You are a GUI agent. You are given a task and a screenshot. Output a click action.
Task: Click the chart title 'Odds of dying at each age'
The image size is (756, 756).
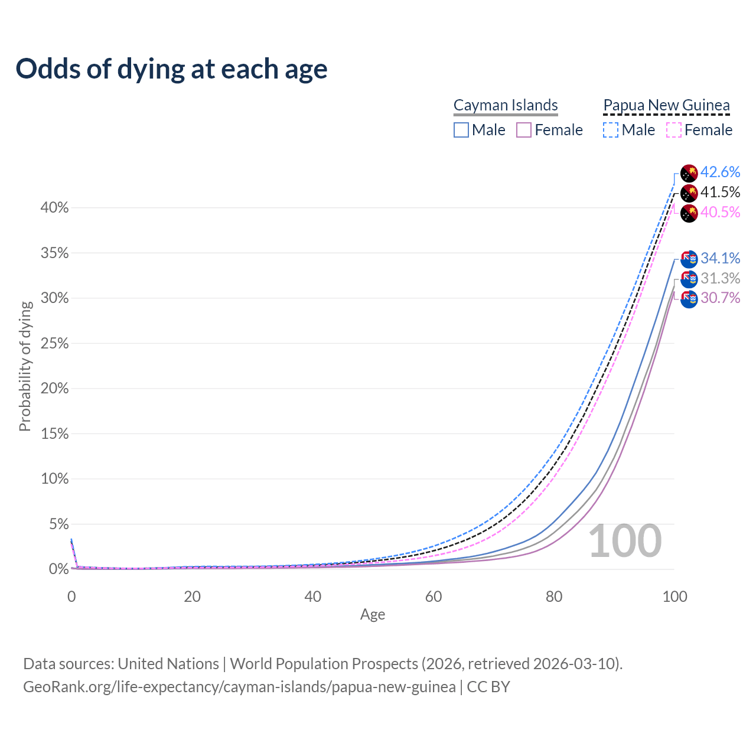point(171,69)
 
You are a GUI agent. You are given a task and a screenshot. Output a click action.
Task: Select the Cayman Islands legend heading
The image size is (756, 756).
point(506,105)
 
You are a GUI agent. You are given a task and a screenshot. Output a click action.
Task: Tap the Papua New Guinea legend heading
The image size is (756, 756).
point(666,105)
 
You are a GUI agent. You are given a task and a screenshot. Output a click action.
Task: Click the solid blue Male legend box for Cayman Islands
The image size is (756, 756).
point(461,130)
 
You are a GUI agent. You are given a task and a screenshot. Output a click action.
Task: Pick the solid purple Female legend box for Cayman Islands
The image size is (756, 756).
point(524,130)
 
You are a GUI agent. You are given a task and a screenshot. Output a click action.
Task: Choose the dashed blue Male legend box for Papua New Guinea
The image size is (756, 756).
point(611,130)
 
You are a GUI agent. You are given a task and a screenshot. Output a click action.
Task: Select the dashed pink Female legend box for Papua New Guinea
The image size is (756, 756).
point(674,130)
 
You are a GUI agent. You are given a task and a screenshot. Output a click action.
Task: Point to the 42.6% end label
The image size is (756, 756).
point(720,172)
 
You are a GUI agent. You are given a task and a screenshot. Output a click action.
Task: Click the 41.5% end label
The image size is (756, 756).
point(720,192)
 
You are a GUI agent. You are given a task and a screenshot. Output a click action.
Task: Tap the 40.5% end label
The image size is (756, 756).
point(720,212)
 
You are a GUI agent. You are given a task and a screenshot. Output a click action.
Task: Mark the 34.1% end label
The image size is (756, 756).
point(720,258)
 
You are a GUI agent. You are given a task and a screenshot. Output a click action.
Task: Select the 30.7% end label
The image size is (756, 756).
point(720,298)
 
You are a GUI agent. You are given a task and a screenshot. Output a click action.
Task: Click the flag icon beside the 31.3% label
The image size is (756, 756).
point(689,279)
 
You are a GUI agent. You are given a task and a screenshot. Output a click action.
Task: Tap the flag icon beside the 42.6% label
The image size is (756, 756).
point(689,173)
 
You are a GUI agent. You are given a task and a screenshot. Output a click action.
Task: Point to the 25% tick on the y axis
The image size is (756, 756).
point(55,344)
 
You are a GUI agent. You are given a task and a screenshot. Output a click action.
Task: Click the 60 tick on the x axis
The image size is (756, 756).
point(434,597)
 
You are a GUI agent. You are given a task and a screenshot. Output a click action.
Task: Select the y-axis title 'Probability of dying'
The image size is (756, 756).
point(25,366)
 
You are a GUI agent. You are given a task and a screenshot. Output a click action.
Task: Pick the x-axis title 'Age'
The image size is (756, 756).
point(373,615)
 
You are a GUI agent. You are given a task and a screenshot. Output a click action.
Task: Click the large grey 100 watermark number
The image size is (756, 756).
point(625,541)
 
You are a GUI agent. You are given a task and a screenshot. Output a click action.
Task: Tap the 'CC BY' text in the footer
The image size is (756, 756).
point(488,687)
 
